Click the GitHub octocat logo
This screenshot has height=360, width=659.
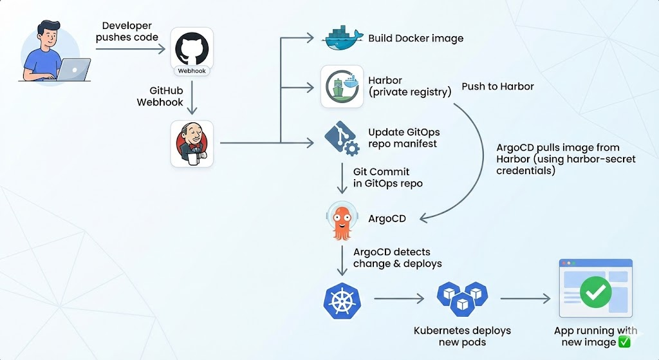pos(191,48)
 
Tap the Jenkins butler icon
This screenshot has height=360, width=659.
pos(191,143)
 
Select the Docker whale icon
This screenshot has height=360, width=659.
pos(342,38)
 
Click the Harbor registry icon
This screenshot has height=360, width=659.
pos(342,86)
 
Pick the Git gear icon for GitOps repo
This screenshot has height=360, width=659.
pos(342,139)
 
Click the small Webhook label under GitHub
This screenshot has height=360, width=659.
pos(191,70)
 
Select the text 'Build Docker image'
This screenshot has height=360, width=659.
pos(415,38)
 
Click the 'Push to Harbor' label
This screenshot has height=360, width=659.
pos(497,86)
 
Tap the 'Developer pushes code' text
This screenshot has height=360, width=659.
pos(127,31)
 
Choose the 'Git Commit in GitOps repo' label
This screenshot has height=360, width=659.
pos(387,178)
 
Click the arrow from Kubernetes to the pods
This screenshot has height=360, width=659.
pos(399,299)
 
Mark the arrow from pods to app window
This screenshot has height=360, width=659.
pos(525,299)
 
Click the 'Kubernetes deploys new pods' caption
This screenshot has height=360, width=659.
pos(461,336)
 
